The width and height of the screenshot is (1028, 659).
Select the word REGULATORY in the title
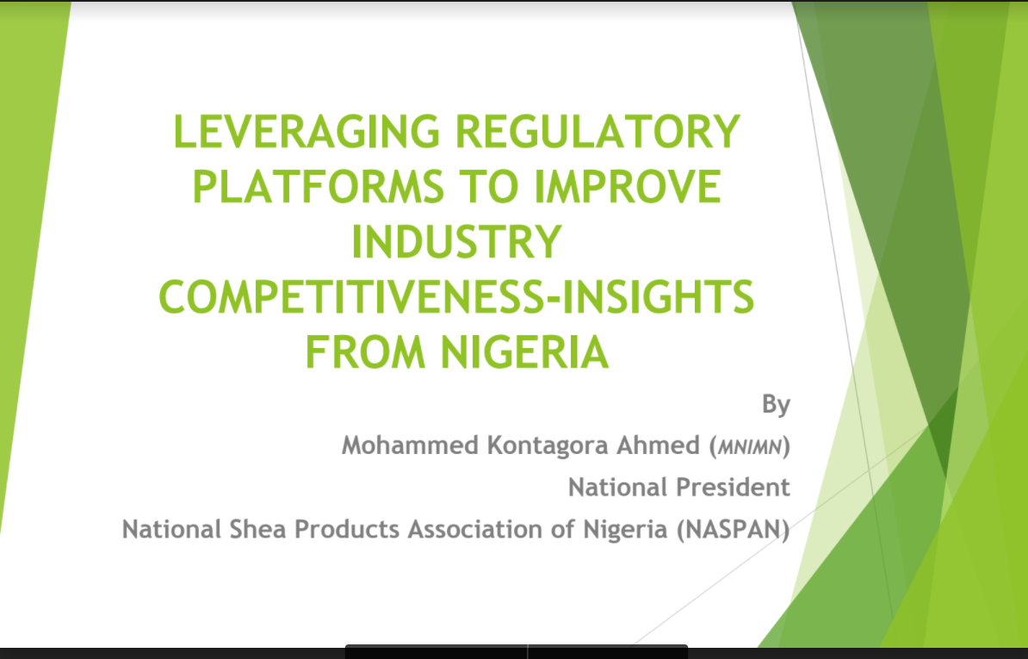598,132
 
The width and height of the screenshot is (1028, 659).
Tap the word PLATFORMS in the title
318,187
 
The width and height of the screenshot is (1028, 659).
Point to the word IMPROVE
628,187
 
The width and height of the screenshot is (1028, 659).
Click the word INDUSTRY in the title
456,242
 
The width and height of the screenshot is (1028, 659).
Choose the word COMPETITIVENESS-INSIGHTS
456,297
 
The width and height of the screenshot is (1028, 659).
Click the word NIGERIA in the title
524,352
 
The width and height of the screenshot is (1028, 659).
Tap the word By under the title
776,405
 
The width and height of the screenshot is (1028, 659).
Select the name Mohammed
411,446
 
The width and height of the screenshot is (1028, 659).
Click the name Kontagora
548,447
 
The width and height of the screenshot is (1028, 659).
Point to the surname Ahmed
658,446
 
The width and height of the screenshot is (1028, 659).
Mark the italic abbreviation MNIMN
750,447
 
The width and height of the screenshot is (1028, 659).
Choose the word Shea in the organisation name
257,530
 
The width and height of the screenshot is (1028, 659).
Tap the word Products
347,530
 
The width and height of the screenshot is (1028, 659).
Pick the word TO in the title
488,187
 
